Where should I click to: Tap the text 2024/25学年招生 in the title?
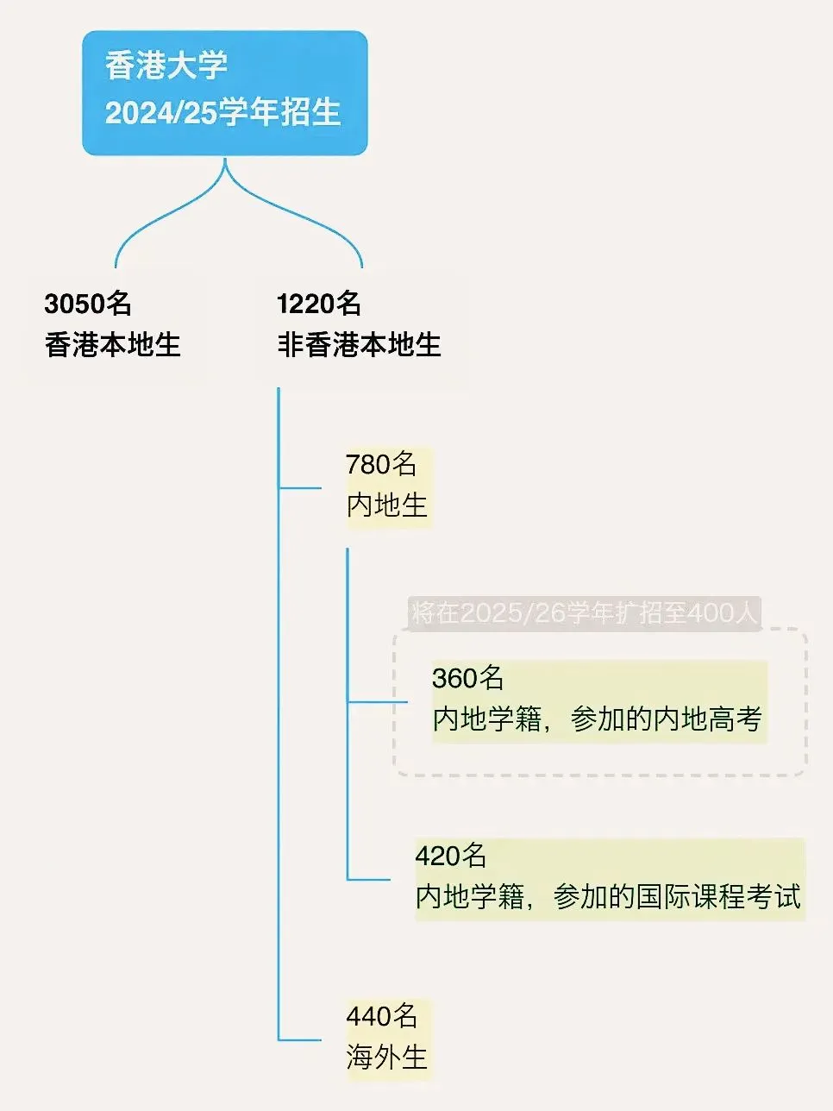222,113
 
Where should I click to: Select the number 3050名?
88,304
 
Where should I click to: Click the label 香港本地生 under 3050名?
113,345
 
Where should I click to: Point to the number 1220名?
319,304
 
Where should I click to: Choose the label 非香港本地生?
359,345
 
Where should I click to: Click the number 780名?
381,464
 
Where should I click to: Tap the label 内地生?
387,505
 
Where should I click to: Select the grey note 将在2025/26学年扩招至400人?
584,613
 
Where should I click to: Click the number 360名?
468,678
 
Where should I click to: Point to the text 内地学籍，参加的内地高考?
598,719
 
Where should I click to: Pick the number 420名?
451,856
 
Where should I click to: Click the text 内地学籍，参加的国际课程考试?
609,897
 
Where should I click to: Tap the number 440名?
382,1016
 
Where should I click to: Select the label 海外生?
387,1057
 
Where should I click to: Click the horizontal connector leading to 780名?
300,488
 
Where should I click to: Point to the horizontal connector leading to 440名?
300,1040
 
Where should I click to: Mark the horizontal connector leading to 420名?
369,880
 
